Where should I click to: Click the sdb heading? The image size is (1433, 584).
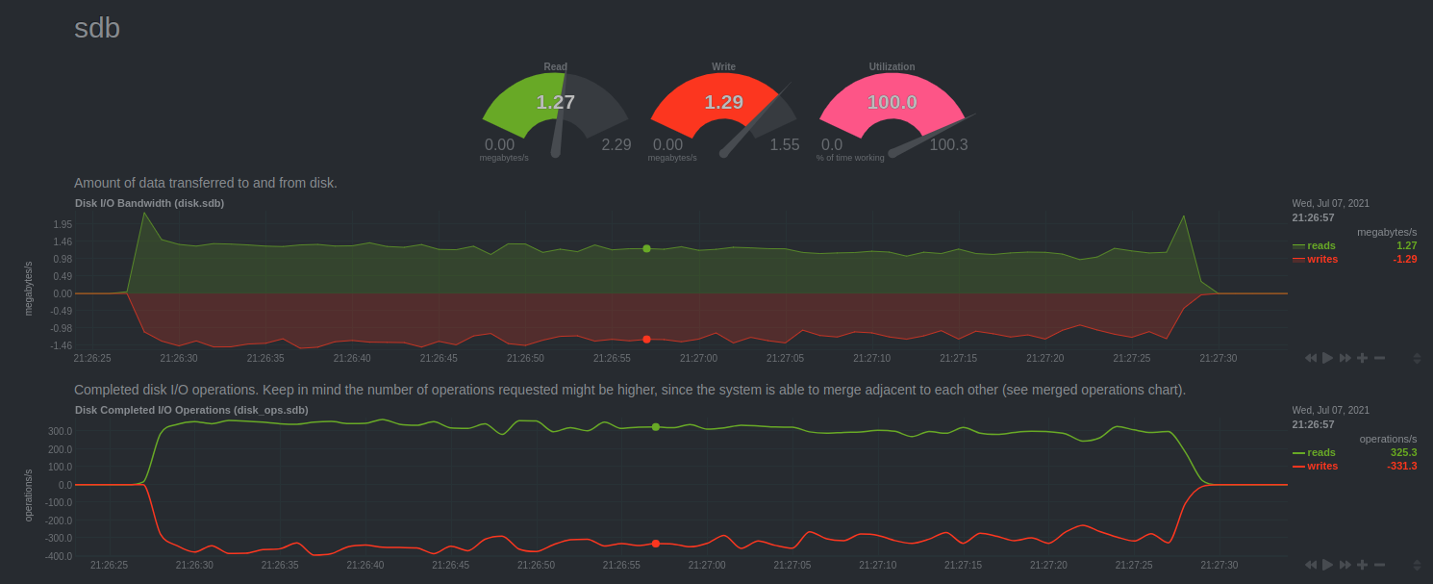pos(97,28)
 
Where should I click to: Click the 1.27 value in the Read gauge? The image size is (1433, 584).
pos(555,102)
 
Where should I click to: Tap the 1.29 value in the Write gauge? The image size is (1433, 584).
pos(723,102)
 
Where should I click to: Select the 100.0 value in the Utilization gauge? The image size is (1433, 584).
pos(892,102)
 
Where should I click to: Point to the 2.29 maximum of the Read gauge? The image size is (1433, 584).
pos(616,145)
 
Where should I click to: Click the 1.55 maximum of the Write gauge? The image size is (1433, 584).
pos(784,145)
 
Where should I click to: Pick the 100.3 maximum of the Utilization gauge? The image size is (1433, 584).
pos(948,145)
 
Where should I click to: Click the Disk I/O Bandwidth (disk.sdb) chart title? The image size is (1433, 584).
pos(149,203)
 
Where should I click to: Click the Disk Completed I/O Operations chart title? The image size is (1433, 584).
pos(191,410)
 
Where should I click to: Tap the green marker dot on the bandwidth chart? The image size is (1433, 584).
pos(646,248)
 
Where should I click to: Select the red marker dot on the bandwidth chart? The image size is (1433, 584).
pos(646,339)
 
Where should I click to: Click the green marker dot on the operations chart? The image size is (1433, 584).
pos(656,426)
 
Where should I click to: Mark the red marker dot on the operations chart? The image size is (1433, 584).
pos(656,544)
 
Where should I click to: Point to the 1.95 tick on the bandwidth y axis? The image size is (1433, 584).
pos(63,224)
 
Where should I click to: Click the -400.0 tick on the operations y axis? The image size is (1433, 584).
pos(60,556)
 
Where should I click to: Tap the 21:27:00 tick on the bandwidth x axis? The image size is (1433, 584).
pos(698,358)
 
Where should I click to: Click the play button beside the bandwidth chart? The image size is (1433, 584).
pos(1327,358)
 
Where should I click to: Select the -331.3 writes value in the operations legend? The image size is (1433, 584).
pos(1402,466)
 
